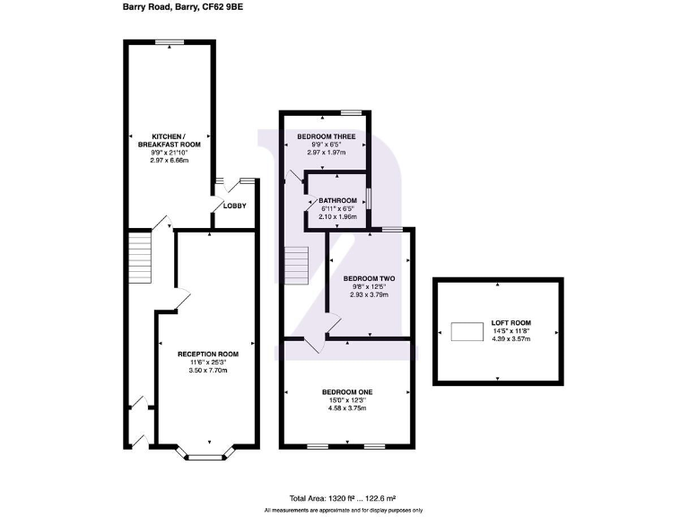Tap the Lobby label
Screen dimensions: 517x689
[234, 206]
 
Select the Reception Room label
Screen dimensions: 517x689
[206, 354]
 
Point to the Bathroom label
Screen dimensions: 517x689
[338, 200]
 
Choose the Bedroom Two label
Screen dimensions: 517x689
[369, 278]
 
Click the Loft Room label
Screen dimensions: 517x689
[511, 323]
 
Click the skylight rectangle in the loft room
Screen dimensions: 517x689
[466, 332]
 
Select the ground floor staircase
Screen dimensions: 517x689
[137, 258]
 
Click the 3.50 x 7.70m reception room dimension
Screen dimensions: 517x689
[206, 370]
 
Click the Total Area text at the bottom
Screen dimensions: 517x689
[343, 496]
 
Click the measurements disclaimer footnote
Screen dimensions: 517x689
[343, 510]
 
